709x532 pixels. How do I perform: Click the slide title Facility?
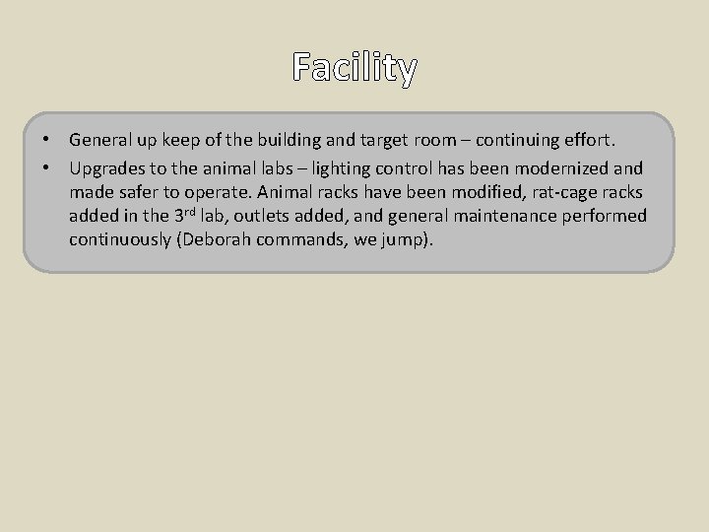pos(354,68)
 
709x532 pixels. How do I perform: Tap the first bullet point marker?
pos(46,141)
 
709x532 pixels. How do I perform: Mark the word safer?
pos(141,191)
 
